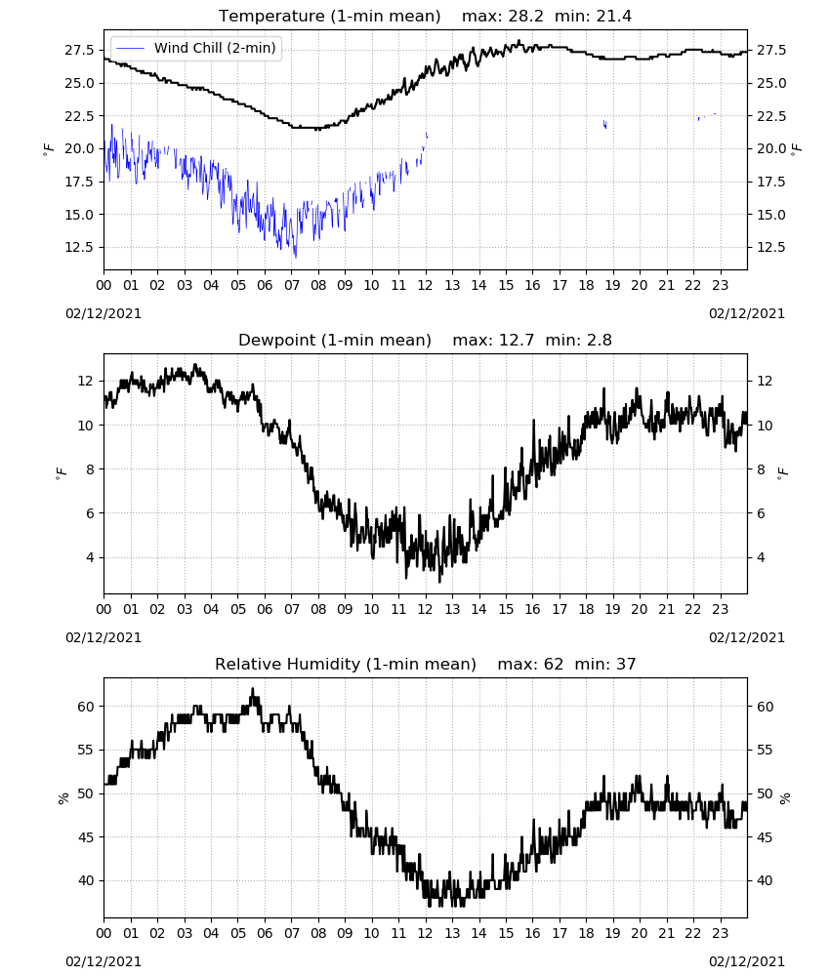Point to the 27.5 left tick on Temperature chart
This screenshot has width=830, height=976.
pyautogui.click(x=80, y=50)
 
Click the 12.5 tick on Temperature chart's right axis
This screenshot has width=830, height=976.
pyautogui.click(x=771, y=247)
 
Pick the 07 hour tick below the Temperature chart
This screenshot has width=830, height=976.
pyautogui.click(x=291, y=285)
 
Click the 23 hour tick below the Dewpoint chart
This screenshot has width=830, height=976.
pyautogui.click(x=720, y=609)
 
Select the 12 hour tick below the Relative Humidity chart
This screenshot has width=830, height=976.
pyautogui.click(x=426, y=933)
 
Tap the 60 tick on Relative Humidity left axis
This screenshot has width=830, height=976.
pyautogui.click(x=87, y=707)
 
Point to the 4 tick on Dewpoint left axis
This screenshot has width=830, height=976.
pyautogui.click(x=91, y=557)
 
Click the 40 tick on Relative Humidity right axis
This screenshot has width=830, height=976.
pyautogui.click(x=765, y=880)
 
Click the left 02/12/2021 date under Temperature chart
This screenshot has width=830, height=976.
pyautogui.click(x=104, y=313)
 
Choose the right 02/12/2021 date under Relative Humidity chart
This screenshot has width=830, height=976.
pyautogui.click(x=747, y=961)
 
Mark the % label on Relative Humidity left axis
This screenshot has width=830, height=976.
pyautogui.click(x=62, y=798)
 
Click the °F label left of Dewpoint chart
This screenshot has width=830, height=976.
pyautogui.click(x=61, y=474)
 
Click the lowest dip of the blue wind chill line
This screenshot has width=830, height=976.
pyautogui.click(x=295, y=257)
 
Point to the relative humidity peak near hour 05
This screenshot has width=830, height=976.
pyautogui.click(x=252, y=689)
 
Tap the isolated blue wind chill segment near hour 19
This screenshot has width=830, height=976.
pyautogui.click(x=604, y=124)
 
